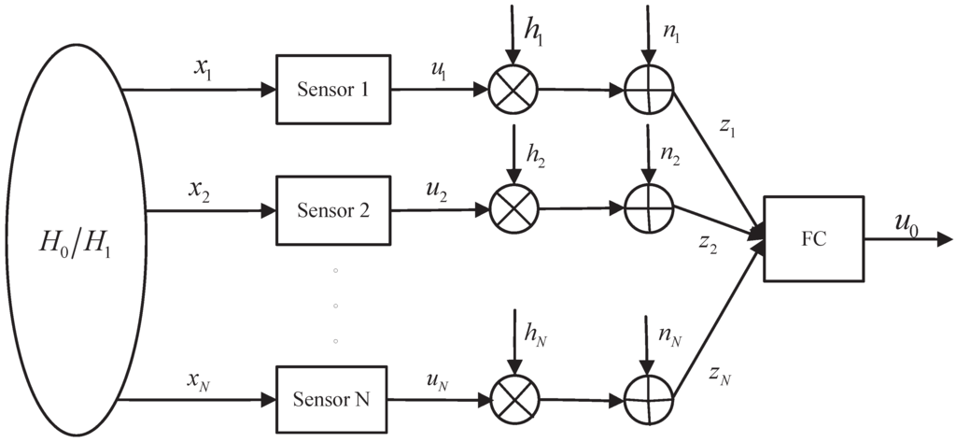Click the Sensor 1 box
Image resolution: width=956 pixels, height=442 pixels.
(x=332, y=90)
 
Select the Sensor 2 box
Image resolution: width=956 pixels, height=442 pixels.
(x=332, y=209)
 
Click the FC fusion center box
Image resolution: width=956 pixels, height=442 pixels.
(x=813, y=238)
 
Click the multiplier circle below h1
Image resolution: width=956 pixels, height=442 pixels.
(x=512, y=91)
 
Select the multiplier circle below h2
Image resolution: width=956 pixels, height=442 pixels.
(x=512, y=209)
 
